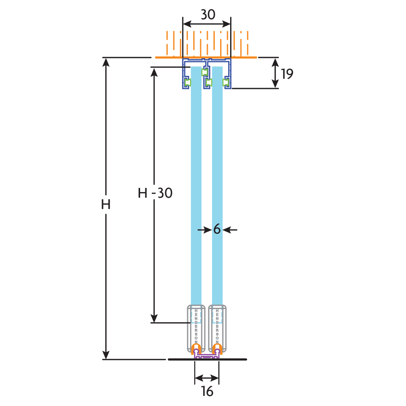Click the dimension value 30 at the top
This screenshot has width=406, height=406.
click(207, 15)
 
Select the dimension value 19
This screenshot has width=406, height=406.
click(287, 73)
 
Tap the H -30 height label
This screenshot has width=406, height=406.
click(155, 193)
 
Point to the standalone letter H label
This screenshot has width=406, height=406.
click(106, 205)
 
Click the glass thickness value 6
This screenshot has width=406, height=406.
click(217, 230)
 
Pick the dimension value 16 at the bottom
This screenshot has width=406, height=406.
click(207, 391)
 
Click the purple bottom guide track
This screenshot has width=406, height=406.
click(207, 356)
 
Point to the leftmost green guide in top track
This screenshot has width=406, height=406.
click(188, 83)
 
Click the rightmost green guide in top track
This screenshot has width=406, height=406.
click(226, 83)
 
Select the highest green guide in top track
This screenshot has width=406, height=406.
click(205, 72)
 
